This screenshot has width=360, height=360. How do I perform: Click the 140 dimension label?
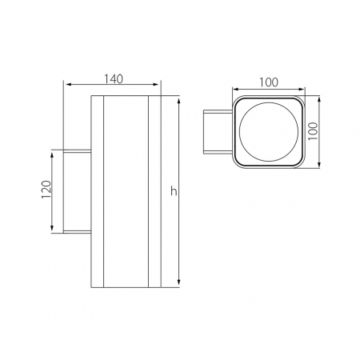click(114, 79)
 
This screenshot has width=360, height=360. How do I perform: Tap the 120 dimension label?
click(46, 190)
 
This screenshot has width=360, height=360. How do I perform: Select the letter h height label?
click(174, 191)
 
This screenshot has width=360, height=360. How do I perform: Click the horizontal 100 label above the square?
click(269, 82)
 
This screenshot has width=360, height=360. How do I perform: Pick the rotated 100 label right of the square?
click(313, 131)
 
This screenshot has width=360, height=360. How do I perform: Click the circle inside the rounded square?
click(269, 132)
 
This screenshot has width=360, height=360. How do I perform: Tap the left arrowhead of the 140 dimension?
click(70, 85)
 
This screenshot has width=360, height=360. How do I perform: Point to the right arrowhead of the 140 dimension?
click(154, 85)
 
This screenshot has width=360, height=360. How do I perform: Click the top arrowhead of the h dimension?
click(178, 102)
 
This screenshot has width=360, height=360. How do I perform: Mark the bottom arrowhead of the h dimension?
click(178, 282)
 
